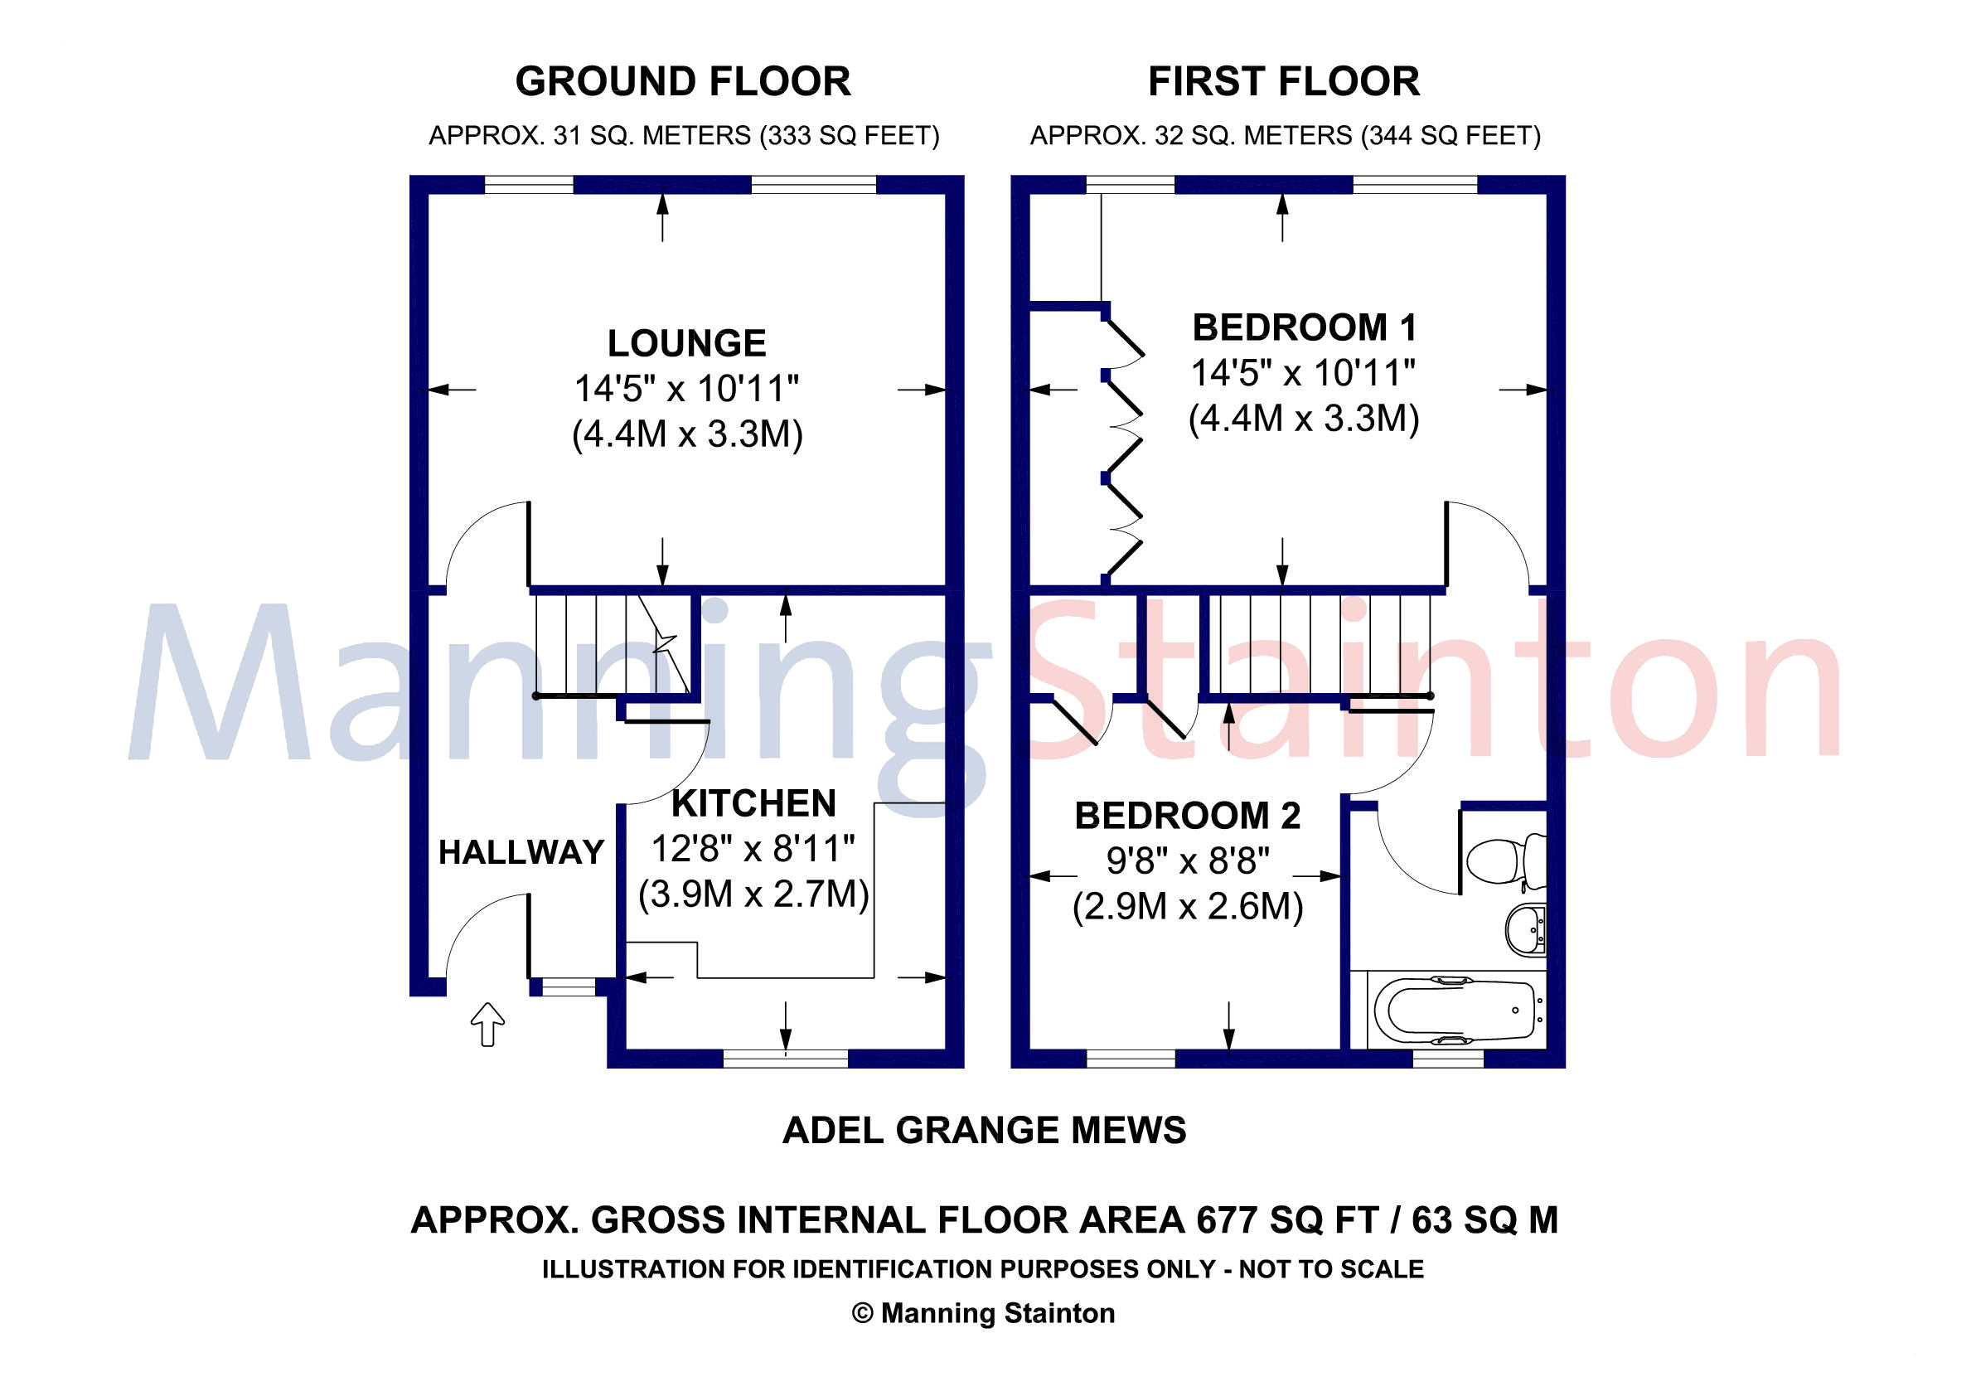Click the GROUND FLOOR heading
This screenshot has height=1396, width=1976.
coord(682,82)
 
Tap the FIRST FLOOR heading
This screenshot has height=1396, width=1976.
coord(1283,82)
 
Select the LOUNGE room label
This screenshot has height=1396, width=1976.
coord(686,343)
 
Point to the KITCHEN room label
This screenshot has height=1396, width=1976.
coord(753,804)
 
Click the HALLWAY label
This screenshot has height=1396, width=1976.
coord(521,852)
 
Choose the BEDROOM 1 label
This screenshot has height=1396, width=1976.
coord(1304,328)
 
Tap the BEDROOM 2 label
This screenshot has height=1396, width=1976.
coord(1187,816)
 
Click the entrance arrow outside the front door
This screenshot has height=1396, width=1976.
coord(487,1023)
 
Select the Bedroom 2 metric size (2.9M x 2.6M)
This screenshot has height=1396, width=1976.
coord(1187,907)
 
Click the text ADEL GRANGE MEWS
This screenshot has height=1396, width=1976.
coord(984,1131)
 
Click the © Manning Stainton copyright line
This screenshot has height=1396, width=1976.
coord(983,1313)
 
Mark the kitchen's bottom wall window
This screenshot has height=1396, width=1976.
coord(785,1059)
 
